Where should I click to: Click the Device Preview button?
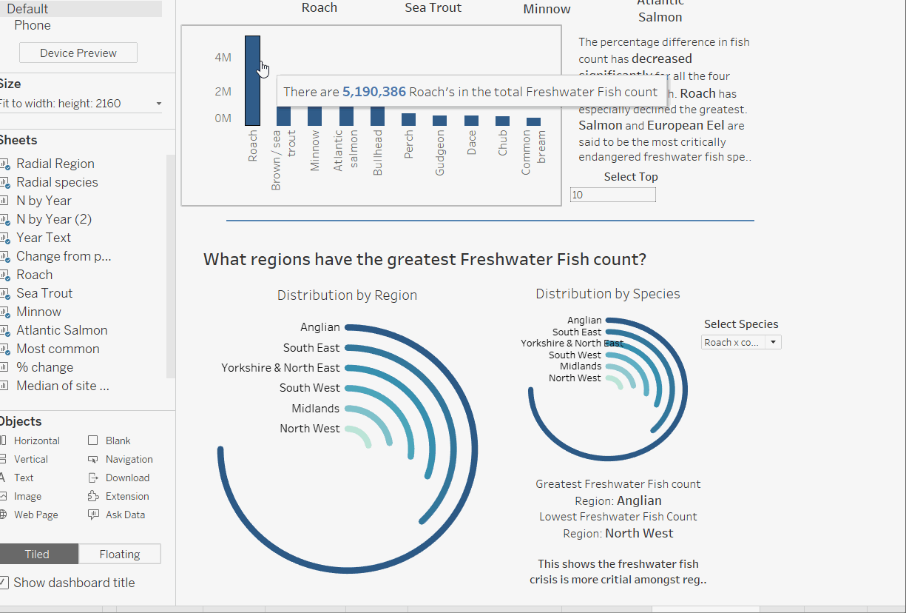(x=78, y=53)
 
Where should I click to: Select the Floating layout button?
(x=119, y=554)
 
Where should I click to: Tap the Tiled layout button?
(x=37, y=554)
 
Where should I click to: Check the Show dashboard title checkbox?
(x=4, y=583)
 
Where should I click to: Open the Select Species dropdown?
(x=741, y=342)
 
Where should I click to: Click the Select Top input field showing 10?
(x=612, y=195)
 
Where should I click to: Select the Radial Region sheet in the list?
(x=55, y=164)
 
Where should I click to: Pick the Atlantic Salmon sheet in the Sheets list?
(x=61, y=330)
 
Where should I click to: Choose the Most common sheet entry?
(x=58, y=349)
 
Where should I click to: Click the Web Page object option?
(x=36, y=515)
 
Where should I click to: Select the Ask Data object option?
(x=125, y=515)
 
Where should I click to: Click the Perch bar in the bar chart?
(x=408, y=119)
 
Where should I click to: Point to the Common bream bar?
(x=533, y=121)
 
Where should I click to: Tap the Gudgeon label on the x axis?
(x=440, y=153)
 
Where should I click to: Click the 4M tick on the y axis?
(x=223, y=57)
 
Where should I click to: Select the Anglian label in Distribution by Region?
(x=320, y=327)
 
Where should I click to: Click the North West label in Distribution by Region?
(x=309, y=429)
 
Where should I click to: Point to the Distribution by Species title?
(x=607, y=294)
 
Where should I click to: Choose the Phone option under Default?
(x=33, y=25)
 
